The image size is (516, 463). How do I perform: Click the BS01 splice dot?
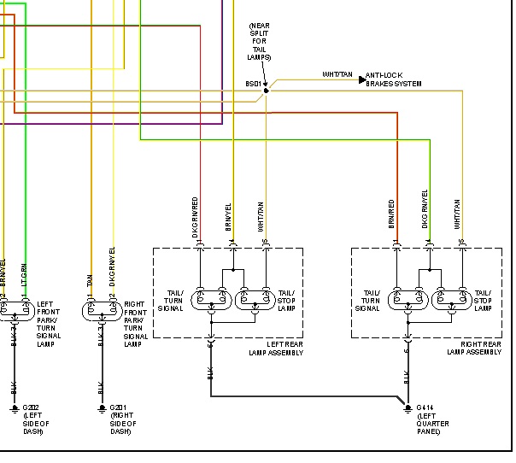click(x=266, y=90)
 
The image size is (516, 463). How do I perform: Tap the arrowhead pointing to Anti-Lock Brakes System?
click(x=361, y=79)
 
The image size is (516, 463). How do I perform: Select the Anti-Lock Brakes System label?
click(x=393, y=79)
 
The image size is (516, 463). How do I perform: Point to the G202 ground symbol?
click(x=15, y=408)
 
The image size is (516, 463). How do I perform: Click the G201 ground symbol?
click(x=101, y=408)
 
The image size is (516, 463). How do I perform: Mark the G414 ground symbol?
click(x=407, y=408)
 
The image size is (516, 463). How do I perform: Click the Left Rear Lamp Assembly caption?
click(x=275, y=348)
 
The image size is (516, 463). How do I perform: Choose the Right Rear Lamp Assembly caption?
click(x=473, y=348)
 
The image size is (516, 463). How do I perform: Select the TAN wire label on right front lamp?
click(x=89, y=278)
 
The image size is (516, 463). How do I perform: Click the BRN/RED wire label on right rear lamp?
click(x=391, y=214)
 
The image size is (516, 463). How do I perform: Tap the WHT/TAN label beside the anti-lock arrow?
click(x=337, y=74)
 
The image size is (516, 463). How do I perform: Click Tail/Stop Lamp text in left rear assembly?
click(x=286, y=300)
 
